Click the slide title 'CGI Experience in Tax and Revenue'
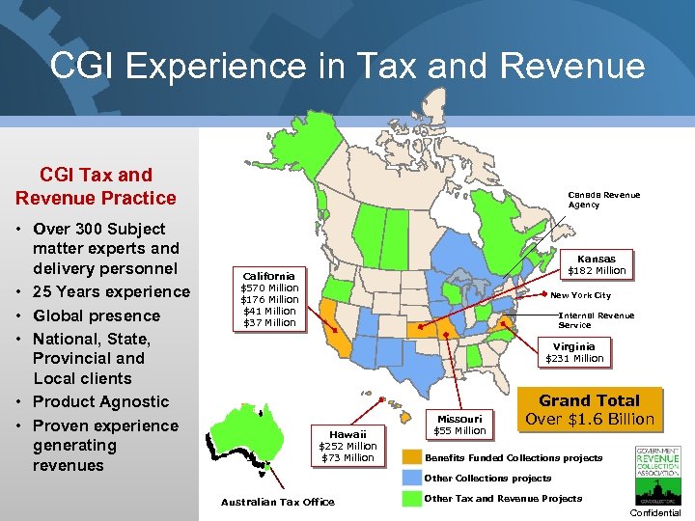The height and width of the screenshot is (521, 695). tap(347, 66)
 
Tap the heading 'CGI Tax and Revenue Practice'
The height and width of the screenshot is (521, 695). tap(96, 186)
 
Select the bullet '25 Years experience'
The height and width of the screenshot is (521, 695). tap(111, 291)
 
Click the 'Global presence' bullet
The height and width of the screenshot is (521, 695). tap(96, 315)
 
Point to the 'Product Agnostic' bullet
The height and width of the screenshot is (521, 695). tap(100, 401)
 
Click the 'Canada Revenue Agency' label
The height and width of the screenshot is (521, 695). tap(603, 200)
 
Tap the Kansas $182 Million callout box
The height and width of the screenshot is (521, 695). tap(596, 264)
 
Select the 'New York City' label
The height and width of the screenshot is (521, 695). tap(580, 295)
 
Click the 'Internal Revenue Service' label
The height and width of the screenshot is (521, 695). tap(596, 320)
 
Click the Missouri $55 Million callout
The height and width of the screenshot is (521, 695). tap(459, 424)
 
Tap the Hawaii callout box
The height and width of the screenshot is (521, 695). tap(347, 446)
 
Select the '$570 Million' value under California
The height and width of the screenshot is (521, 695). tap(269, 288)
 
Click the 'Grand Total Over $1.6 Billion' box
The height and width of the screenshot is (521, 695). tap(589, 409)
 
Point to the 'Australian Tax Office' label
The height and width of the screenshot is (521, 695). tap(277, 502)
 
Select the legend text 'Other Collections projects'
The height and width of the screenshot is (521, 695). tap(487, 479)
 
